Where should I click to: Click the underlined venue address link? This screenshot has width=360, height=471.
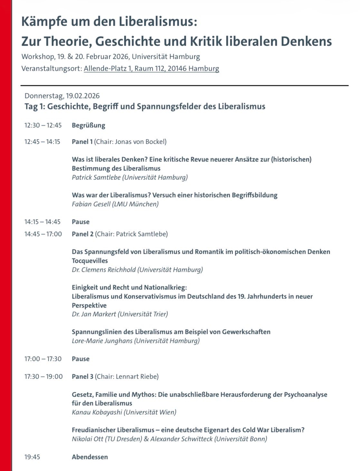point(151,69)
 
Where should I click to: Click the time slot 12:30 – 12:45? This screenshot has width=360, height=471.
point(43,125)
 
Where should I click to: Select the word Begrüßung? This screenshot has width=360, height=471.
point(88,125)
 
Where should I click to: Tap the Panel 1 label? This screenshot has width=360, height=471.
point(82,142)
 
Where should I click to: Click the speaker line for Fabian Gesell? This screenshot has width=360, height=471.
point(115,204)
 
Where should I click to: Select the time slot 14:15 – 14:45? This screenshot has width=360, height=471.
point(43,222)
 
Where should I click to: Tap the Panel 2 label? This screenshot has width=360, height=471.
point(82,234)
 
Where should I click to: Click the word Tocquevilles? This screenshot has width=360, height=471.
point(90,261)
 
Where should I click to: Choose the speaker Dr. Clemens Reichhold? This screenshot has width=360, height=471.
point(104,270)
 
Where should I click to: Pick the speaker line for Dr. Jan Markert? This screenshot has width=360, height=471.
point(120,314)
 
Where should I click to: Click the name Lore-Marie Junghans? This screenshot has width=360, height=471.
point(102,341)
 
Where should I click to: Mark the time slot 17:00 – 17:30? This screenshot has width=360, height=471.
point(43,359)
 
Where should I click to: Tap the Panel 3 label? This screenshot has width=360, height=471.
point(82,376)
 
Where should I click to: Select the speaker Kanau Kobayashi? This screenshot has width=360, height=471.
point(97,412)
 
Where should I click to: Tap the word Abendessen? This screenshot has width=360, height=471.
point(90,457)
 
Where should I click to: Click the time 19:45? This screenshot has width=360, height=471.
point(32,457)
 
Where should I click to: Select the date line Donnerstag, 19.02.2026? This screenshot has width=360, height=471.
point(62,96)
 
